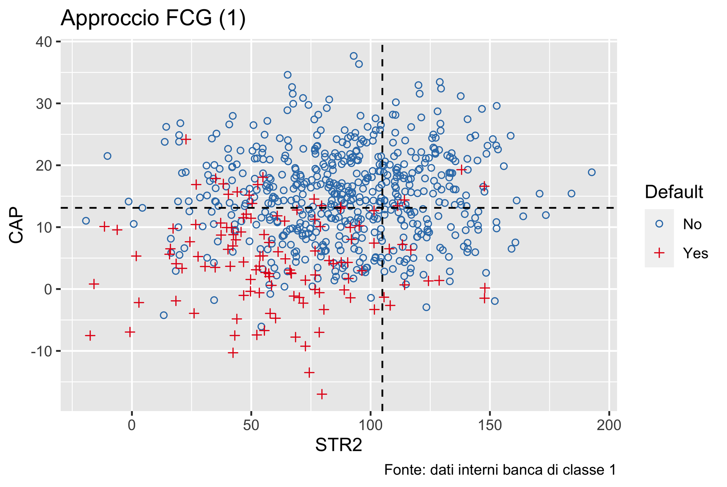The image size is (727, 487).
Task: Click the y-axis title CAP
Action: click(16, 225)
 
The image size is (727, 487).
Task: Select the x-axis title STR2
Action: click(338, 445)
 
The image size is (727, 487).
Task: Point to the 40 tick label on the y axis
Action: click(44, 42)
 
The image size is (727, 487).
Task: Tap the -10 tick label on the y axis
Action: click(42, 351)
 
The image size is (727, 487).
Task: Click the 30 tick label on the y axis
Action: click(44, 104)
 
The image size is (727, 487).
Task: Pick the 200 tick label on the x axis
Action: click(609, 425)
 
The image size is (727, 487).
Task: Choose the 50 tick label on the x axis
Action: click(251, 425)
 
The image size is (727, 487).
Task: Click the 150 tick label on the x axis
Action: click(490, 425)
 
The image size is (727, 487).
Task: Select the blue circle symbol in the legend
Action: click(659, 224)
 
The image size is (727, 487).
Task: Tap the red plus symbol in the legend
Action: click(659, 253)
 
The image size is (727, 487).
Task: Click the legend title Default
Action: click(674, 192)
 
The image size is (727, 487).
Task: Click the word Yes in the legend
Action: click(695, 253)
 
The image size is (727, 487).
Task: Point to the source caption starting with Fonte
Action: click(500, 470)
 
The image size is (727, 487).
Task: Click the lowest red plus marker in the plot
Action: click(322, 394)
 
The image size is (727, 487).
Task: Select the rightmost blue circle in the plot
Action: click(591, 172)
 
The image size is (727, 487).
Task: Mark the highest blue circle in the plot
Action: click(353, 56)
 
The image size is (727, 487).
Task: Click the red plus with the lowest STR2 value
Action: click(90, 336)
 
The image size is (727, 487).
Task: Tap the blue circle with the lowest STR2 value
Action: click(86, 221)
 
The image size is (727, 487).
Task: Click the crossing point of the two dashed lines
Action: click(382, 208)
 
